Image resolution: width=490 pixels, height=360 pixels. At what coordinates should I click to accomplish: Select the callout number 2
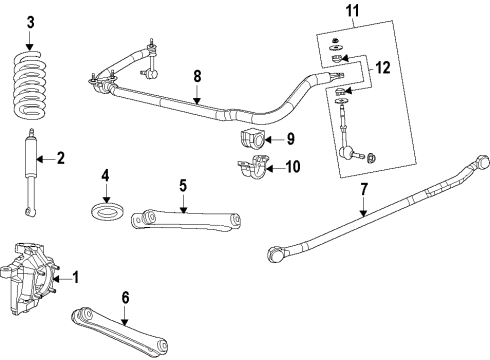[x=60, y=157]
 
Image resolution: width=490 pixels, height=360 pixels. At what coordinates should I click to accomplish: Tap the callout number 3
[x=30, y=22]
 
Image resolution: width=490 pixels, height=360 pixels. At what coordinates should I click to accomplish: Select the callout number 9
[x=290, y=139]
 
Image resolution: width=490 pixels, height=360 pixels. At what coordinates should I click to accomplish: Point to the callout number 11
[x=351, y=12]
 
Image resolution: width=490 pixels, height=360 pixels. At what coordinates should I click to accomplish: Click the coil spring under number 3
[x=31, y=85]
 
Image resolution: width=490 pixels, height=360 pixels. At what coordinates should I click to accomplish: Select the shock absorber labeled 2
[x=28, y=170]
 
